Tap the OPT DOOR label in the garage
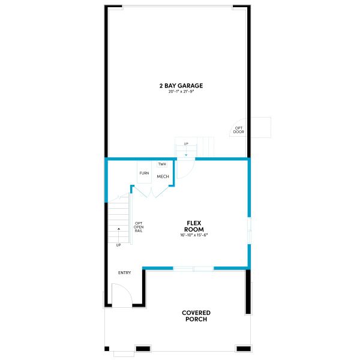tap(239, 130)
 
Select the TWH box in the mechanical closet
tap(162, 164)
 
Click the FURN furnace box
tap(144, 173)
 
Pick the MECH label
tap(163, 176)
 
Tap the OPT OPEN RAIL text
tap(139, 227)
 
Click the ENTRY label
tap(124, 273)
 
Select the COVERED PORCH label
tap(196, 316)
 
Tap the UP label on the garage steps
tap(186, 144)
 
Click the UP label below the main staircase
tap(118, 245)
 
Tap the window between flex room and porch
tap(193, 268)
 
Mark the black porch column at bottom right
tap(243, 349)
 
